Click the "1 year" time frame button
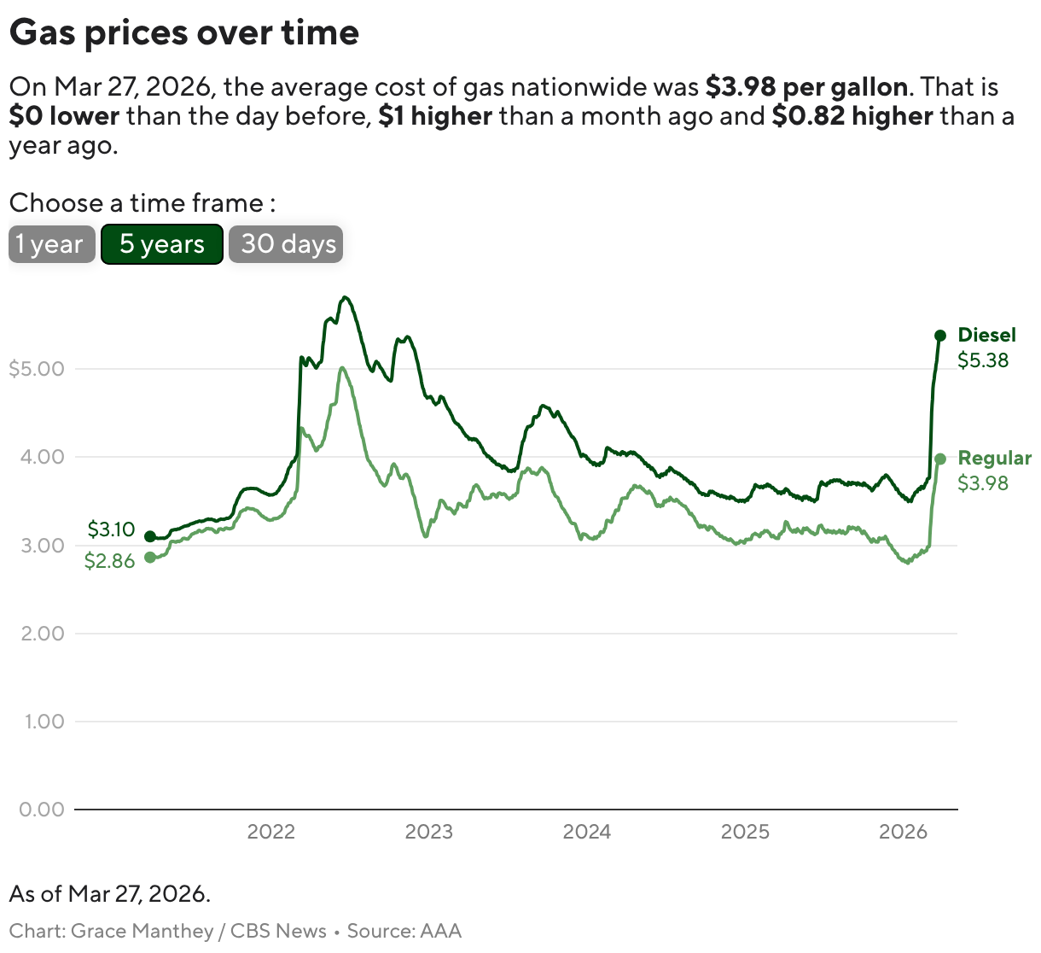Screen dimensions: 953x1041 (x=51, y=244)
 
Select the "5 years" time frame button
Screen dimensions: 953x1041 (x=162, y=244)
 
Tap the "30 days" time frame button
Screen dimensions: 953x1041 (x=286, y=244)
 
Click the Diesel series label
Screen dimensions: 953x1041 (x=986, y=335)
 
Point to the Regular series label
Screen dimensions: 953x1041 (x=994, y=458)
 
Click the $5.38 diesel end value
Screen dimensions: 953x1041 (x=983, y=360)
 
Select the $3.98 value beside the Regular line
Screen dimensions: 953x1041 (x=983, y=483)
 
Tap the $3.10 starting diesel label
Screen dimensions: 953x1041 (x=111, y=529)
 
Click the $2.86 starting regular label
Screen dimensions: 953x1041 (x=109, y=561)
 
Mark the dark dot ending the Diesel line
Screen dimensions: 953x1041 (x=940, y=336)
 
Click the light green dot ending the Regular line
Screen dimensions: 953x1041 (x=940, y=459)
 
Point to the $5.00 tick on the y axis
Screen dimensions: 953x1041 (x=36, y=369)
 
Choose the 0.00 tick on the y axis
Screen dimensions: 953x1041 (x=43, y=810)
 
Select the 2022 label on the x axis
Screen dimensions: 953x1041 (x=270, y=832)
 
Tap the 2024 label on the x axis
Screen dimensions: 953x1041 (x=587, y=832)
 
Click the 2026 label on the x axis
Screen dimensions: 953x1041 (x=903, y=832)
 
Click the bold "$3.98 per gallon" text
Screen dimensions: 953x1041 (x=806, y=87)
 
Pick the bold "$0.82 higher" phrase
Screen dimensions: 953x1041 (x=852, y=116)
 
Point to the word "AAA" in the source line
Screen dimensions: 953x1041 (x=440, y=931)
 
